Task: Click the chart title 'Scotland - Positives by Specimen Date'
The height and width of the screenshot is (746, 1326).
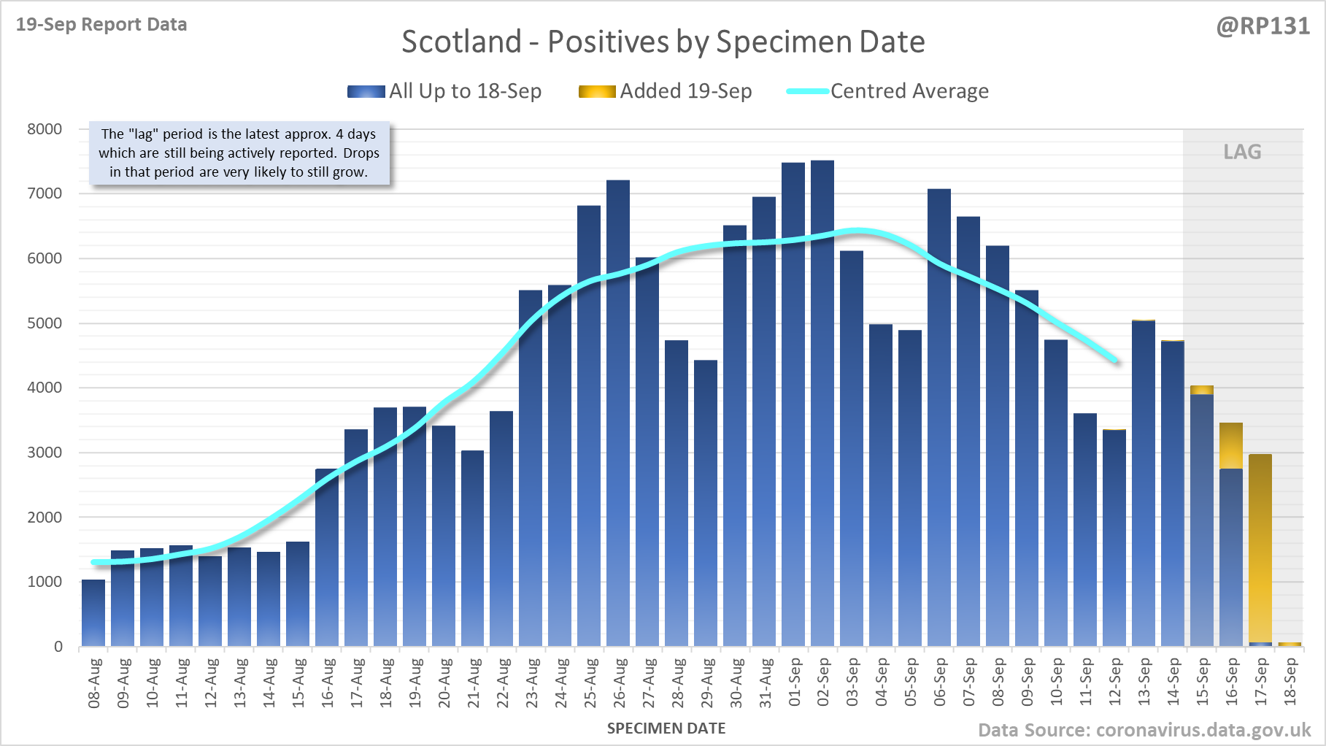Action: [663, 42]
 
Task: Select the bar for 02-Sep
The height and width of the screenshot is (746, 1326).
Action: [822, 401]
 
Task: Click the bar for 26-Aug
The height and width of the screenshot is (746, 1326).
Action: [618, 412]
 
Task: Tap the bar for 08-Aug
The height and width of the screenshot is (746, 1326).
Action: [93, 613]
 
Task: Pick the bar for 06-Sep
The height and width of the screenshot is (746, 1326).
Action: [939, 416]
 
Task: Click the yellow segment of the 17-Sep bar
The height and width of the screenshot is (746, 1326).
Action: [1260, 547]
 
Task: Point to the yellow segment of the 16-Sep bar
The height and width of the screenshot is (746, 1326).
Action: [1231, 445]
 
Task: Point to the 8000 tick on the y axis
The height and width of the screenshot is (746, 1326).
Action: [45, 129]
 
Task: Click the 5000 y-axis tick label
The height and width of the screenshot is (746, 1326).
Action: [45, 323]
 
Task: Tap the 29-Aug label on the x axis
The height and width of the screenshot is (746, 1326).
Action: [706, 682]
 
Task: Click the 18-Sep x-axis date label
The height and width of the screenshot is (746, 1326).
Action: [1290, 682]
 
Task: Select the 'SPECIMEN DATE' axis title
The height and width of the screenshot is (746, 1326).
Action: [666, 728]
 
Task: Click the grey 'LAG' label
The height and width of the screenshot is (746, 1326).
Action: [1242, 152]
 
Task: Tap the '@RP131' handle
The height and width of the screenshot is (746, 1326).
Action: [1263, 26]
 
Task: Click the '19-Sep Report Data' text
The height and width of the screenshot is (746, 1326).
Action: [101, 25]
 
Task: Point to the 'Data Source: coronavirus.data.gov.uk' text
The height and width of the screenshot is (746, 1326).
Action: [1144, 730]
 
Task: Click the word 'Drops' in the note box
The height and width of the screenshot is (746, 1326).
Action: [361, 153]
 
